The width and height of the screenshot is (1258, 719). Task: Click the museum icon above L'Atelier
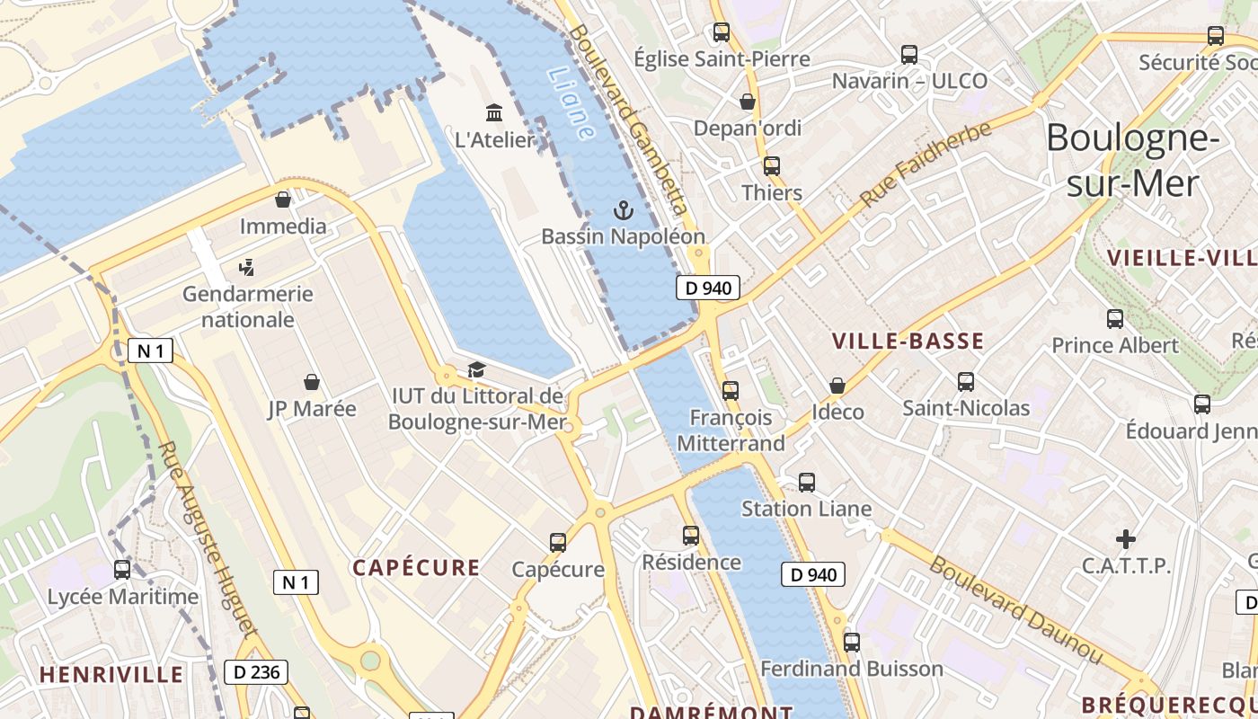pyautogui.click(x=493, y=113)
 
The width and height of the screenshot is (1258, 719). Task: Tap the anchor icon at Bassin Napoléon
pyautogui.click(x=622, y=211)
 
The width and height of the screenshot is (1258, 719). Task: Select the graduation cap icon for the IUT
pyautogui.click(x=475, y=369)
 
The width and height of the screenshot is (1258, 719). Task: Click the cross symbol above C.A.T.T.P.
pyautogui.click(x=1125, y=539)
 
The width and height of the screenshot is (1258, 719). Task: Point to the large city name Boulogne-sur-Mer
pyautogui.click(x=1131, y=160)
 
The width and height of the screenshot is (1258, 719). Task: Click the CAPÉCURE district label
pyautogui.click(x=416, y=567)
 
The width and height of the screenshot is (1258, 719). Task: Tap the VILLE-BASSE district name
pyautogui.click(x=908, y=341)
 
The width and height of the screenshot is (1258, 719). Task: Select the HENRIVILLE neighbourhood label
pyautogui.click(x=111, y=674)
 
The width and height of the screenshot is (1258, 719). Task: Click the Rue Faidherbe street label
pyautogui.click(x=926, y=164)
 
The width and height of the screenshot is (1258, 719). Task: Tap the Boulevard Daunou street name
pyautogui.click(x=1014, y=611)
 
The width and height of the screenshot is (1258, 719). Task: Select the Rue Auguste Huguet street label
pyautogui.click(x=208, y=539)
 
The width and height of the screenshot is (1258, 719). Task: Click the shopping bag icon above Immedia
pyautogui.click(x=283, y=200)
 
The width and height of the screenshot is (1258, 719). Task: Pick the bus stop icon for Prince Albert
pyautogui.click(x=1114, y=319)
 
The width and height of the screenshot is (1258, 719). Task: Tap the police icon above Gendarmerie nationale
pyautogui.click(x=247, y=267)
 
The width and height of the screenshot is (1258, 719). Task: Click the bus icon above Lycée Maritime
pyautogui.click(x=121, y=570)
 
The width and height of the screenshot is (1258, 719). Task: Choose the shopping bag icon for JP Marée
pyautogui.click(x=312, y=383)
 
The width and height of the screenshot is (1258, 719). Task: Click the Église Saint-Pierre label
pyautogui.click(x=722, y=59)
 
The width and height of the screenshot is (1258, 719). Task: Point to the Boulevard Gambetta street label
pyautogui.click(x=628, y=118)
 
